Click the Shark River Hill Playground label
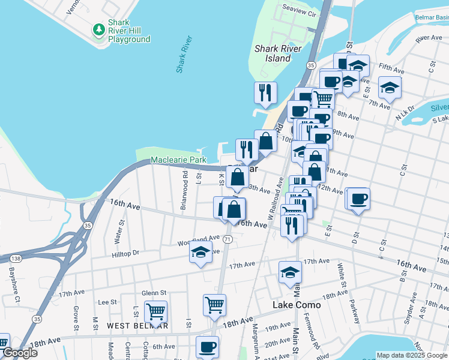(128, 31)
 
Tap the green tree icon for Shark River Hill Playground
(98, 29)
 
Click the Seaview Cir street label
(299, 11)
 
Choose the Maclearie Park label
(178, 160)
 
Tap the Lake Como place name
(297, 305)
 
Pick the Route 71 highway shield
(227, 239)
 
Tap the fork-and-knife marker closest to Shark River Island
(265, 92)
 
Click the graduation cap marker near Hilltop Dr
(200, 252)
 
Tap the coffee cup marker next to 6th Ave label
(208, 346)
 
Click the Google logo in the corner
(20, 353)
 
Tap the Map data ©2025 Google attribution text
(411, 355)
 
